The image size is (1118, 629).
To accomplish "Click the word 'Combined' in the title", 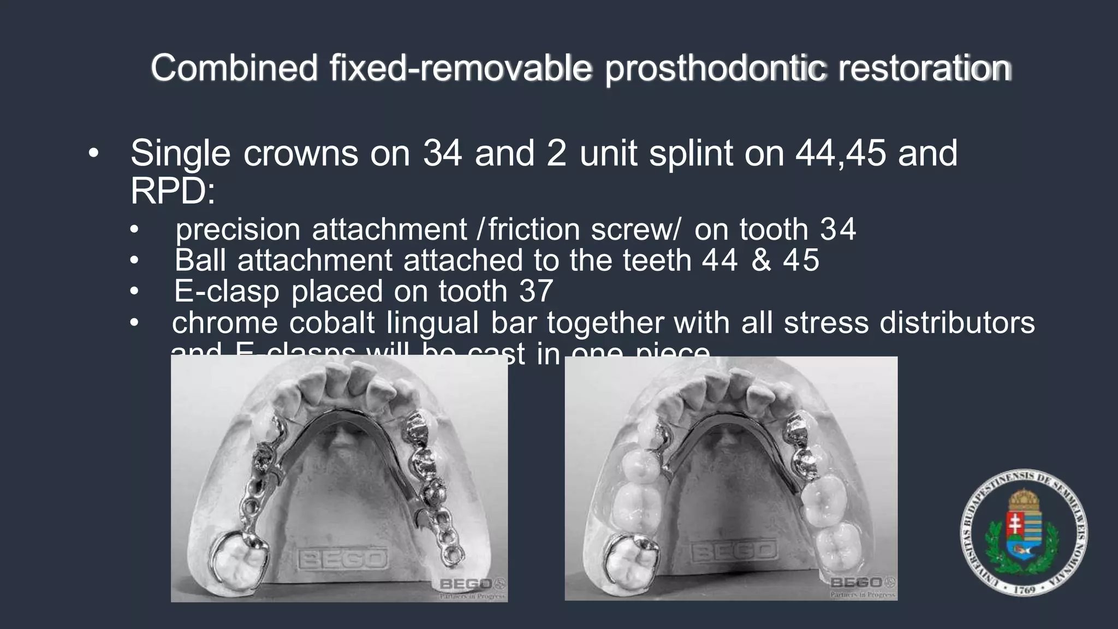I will (x=234, y=68).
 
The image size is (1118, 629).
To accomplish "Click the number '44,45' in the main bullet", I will (x=840, y=153).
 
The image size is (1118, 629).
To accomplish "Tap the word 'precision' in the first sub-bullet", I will (x=237, y=229).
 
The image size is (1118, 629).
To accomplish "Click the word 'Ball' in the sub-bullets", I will (x=200, y=260).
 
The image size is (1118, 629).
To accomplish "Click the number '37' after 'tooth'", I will (x=536, y=291).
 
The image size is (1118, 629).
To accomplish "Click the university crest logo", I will (x=1024, y=534).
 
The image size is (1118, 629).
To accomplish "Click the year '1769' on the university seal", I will (x=1024, y=590).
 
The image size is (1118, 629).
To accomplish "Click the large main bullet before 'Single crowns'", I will (x=93, y=154).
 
